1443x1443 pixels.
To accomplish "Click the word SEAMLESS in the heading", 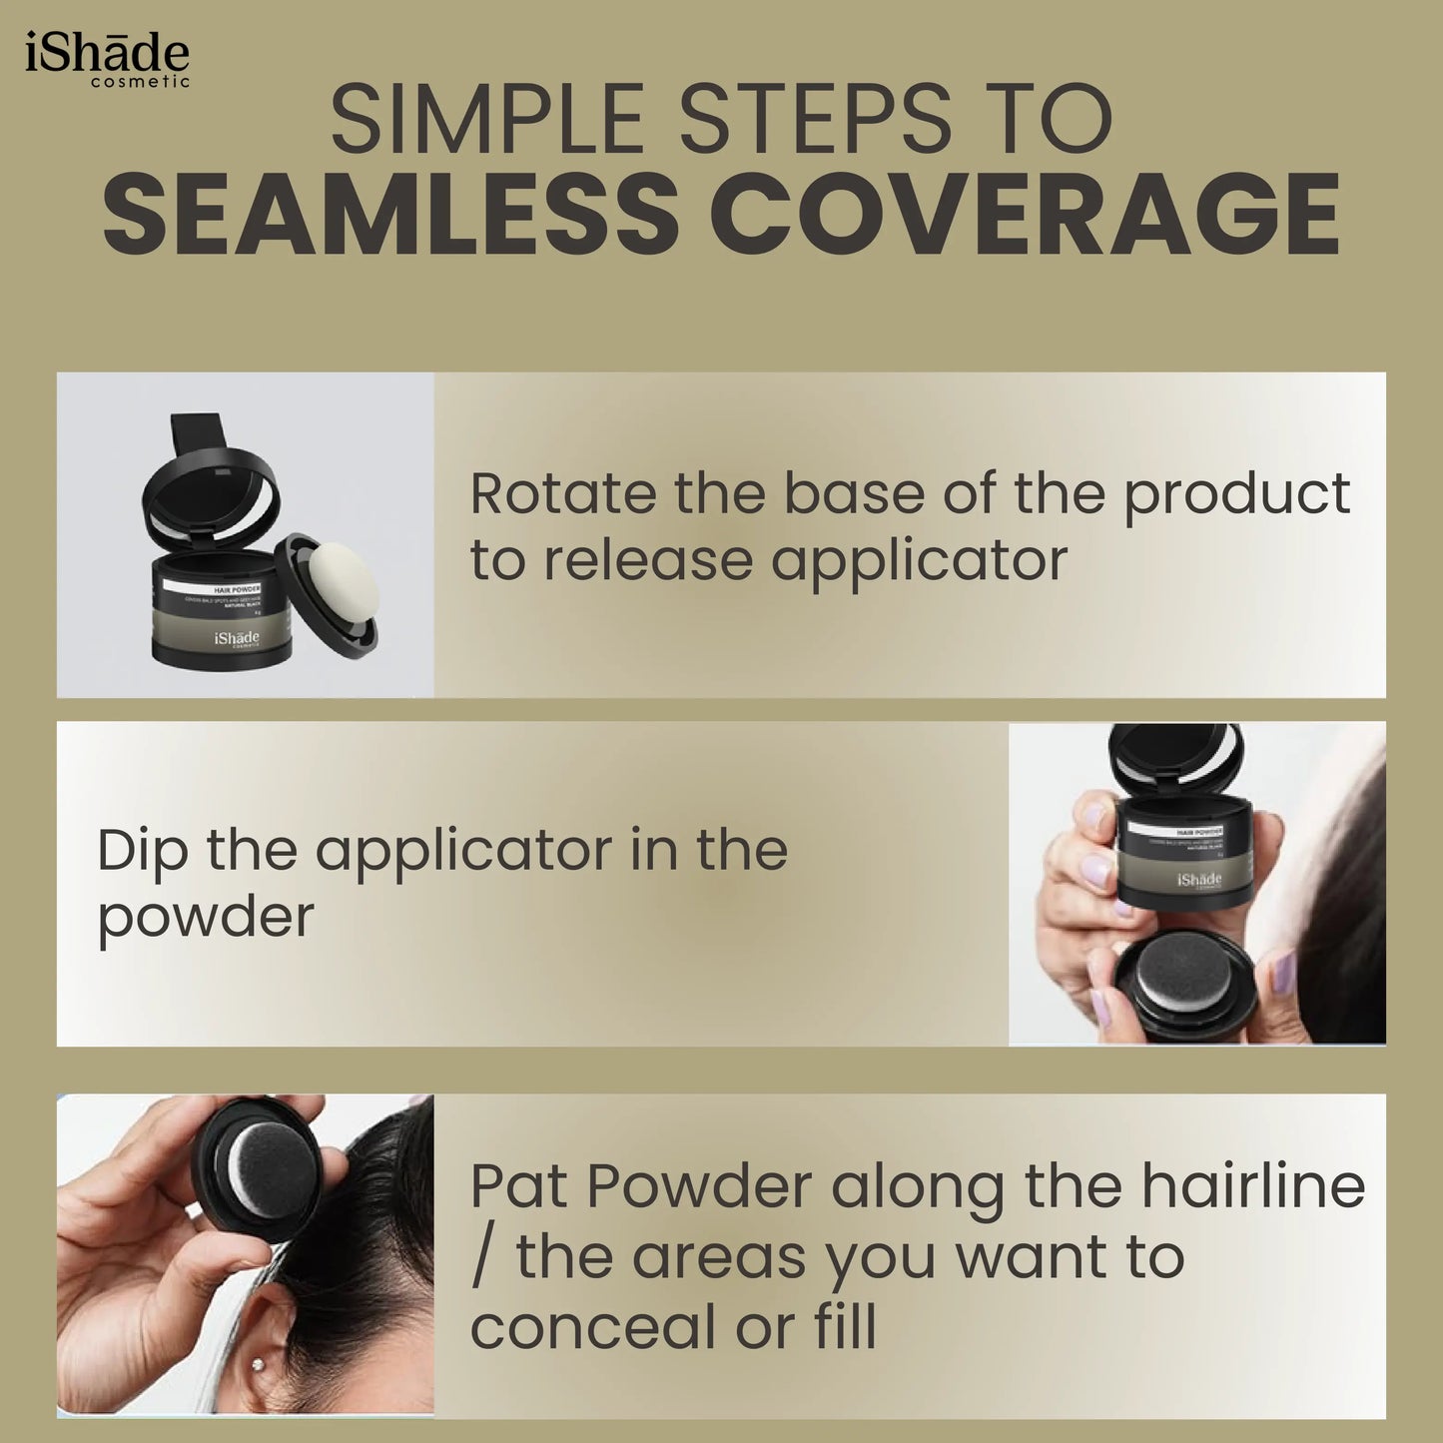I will [390, 215].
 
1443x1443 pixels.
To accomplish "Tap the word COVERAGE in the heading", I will [1025, 215].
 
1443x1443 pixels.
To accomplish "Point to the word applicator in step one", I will [919, 561].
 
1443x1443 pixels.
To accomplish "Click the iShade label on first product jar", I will [236, 638].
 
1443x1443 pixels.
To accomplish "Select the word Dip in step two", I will [141, 851].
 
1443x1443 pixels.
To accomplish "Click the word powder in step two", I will [206, 919].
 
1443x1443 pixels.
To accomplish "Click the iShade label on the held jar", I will [1198, 880].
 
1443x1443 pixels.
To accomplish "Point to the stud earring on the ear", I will [260, 1365].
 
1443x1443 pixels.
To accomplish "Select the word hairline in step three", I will [1252, 1186].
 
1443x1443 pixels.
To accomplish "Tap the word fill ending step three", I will [844, 1327].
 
